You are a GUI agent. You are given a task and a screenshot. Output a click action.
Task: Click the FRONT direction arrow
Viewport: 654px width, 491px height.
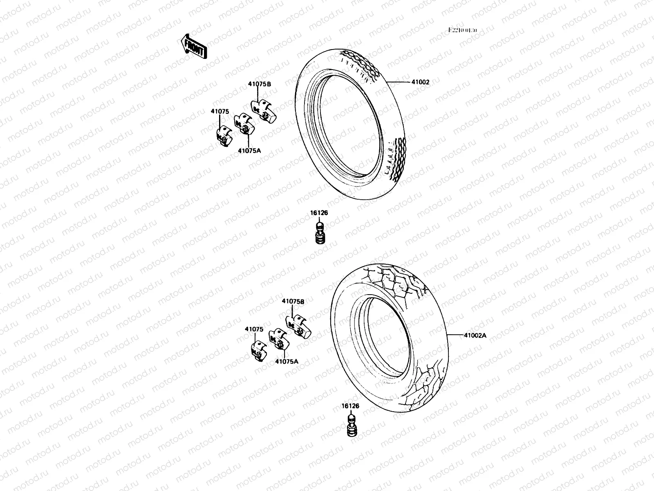tap(194, 45)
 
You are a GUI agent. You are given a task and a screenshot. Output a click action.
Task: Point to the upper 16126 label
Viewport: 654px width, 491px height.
tap(319, 213)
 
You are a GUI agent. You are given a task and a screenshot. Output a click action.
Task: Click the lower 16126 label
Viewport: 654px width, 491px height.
tap(350, 406)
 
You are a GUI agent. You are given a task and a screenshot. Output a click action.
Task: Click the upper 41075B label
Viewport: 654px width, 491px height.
tap(259, 84)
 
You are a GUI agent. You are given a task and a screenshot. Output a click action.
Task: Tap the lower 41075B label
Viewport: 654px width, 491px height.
tap(293, 301)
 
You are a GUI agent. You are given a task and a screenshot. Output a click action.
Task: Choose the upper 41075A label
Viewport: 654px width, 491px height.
tap(249, 150)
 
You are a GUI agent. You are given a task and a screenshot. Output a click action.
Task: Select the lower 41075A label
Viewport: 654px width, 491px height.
tap(287, 361)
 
